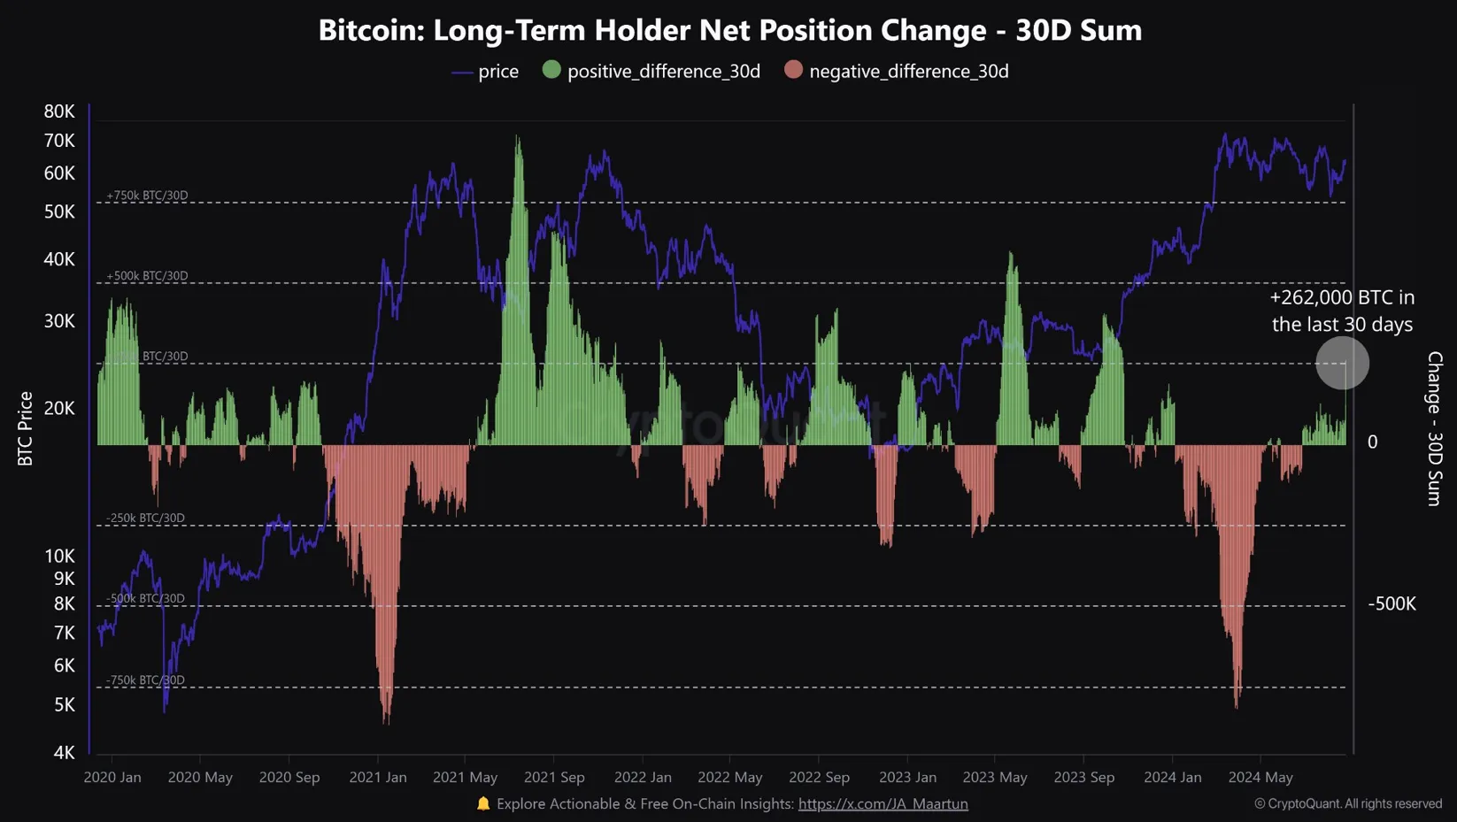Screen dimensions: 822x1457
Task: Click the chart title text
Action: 729,30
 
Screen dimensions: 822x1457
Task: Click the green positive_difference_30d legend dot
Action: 551,70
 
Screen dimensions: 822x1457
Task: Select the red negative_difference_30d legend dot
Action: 793,70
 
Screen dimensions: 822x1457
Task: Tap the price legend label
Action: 498,72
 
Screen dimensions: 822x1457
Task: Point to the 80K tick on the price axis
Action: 59,111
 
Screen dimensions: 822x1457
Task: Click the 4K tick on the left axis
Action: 64,752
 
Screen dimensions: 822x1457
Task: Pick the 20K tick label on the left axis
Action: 59,408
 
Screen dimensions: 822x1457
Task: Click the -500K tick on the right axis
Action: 1391,603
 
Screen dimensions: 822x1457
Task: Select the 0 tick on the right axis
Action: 1372,442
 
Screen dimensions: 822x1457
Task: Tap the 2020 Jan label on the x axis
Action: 112,777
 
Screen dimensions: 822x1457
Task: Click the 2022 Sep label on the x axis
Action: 819,777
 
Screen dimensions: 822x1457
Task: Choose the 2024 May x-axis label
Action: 1260,777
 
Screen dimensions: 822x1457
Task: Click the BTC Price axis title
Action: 26,428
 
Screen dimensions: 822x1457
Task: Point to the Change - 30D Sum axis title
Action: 1435,428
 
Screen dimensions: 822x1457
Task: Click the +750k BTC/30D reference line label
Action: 147,196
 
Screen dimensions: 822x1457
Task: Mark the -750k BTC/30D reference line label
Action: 145,680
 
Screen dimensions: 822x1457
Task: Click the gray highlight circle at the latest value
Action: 1342,363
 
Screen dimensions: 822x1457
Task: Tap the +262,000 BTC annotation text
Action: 1342,311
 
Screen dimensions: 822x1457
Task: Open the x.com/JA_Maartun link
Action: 883,803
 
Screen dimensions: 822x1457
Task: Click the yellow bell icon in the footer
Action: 483,803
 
